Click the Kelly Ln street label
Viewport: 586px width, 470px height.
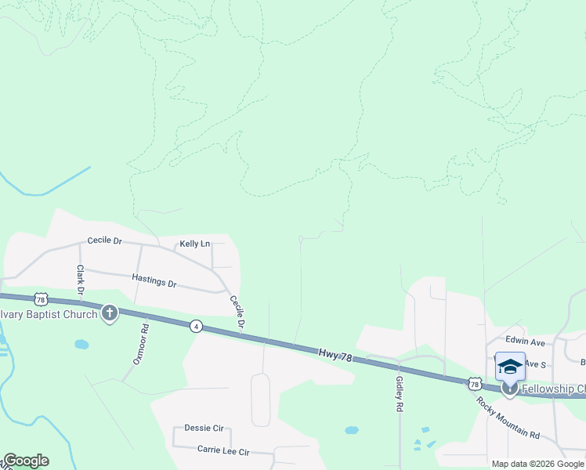(195, 244)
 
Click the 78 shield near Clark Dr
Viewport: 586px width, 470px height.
(42, 299)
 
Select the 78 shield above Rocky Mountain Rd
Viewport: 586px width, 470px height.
(474, 383)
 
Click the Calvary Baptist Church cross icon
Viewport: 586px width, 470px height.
(110, 314)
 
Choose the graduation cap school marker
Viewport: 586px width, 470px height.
(510, 366)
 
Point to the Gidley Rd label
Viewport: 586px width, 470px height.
(400, 394)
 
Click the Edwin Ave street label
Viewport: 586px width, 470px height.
(525, 342)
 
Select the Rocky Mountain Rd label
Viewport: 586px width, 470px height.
(508, 418)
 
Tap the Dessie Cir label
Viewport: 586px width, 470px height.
(204, 428)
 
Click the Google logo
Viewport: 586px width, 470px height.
(25, 461)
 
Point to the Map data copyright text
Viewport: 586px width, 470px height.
(537, 464)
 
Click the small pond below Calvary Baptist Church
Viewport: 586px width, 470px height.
(81, 344)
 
